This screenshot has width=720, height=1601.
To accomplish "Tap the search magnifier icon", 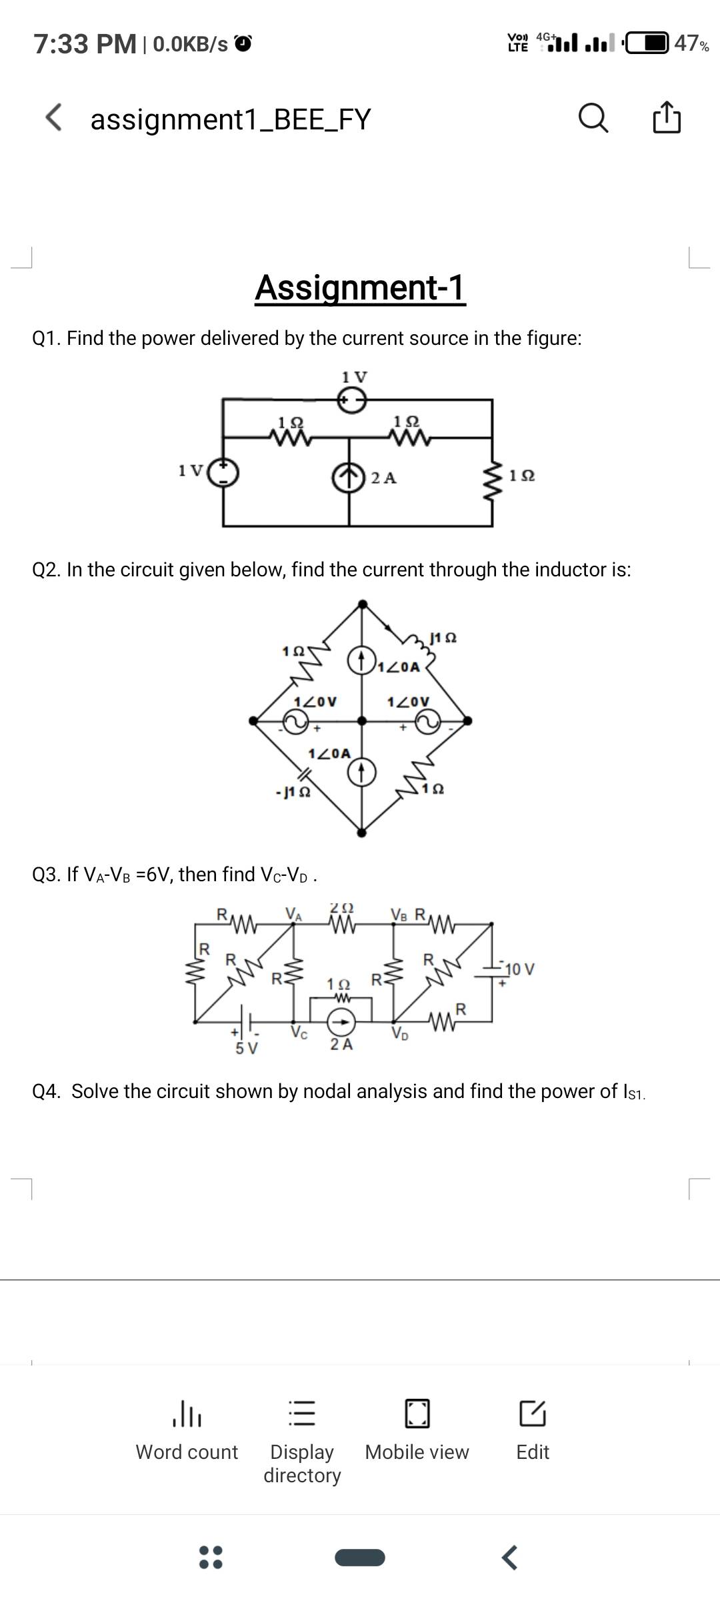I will tap(593, 119).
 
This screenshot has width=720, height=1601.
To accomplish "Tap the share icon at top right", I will tap(667, 118).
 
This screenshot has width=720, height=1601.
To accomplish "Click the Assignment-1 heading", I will tap(360, 288).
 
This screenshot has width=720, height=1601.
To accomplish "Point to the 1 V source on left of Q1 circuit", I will tap(223, 472).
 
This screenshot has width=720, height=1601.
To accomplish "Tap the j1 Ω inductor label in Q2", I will tap(443, 638).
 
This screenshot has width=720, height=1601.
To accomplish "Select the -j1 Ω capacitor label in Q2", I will tap(293, 792).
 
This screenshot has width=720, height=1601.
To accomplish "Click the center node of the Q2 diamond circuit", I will tap(361, 720).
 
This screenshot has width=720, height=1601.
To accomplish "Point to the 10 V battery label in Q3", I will tap(519, 969).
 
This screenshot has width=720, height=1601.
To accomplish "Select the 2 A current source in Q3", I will tap(341, 1021).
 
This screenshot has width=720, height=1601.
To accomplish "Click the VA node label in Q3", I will tap(293, 913).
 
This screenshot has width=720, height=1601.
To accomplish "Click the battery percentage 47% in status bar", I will tap(691, 43).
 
